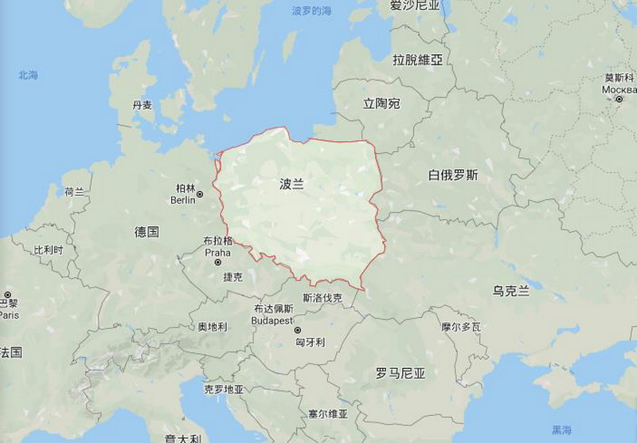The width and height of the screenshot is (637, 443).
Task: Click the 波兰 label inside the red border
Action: (x=292, y=184)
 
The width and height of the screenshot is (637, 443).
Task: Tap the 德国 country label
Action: (x=147, y=232)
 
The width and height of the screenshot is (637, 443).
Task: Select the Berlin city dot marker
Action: (x=199, y=194)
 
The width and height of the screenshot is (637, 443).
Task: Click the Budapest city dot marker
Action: (x=298, y=330)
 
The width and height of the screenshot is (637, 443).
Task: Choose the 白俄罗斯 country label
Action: (x=452, y=175)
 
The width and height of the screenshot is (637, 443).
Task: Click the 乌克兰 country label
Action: (x=510, y=291)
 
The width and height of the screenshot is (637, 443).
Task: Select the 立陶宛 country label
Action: (x=381, y=104)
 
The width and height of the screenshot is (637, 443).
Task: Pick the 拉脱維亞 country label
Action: (x=417, y=60)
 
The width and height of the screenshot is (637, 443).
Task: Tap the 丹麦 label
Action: (x=143, y=105)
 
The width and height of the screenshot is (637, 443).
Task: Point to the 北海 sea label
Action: (x=28, y=75)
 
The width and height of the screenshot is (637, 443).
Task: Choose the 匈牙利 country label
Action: (x=310, y=342)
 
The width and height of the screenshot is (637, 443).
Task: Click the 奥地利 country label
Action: (x=213, y=327)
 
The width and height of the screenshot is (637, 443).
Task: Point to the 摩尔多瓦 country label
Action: (x=461, y=327)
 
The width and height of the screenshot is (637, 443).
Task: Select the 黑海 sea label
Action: (x=562, y=430)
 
